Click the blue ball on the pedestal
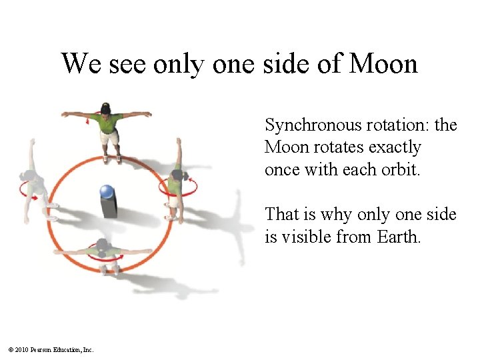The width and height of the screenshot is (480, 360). [x=107, y=192]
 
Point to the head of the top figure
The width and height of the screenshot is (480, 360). [x=105, y=108]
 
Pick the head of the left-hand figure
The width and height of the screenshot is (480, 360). [x=29, y=176]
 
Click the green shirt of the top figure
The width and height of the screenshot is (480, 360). [x=106, y=123]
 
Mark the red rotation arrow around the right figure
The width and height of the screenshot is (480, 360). [x=177, y=189]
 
